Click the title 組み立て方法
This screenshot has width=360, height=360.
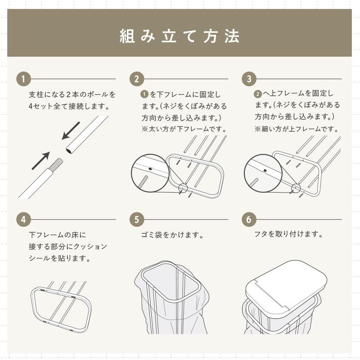coord(180,36)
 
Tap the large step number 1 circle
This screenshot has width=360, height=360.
coord(23,79)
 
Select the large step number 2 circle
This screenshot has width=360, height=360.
coord(137,79)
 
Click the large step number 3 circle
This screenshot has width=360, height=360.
coord(249,79)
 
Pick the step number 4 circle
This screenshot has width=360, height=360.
coord(23,220)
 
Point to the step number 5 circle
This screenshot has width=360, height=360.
coord(137,220)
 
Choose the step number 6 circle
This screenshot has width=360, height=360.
coord(249,220)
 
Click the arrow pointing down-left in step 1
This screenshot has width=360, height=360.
coord(71,130)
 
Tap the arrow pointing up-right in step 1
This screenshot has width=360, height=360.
coord(40,161)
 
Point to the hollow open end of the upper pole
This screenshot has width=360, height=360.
coord(69,151)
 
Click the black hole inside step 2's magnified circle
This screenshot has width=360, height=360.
coord(150,169)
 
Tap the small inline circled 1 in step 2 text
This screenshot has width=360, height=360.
coord(144,94)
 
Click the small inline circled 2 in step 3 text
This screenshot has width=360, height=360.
coord(258,94)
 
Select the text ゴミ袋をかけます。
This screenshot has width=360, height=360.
coord(172,235)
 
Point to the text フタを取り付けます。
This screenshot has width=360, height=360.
coord(289,234)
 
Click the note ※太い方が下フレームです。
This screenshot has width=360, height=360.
coord(184,129)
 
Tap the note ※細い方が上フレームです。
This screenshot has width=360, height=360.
coord(297,129)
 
